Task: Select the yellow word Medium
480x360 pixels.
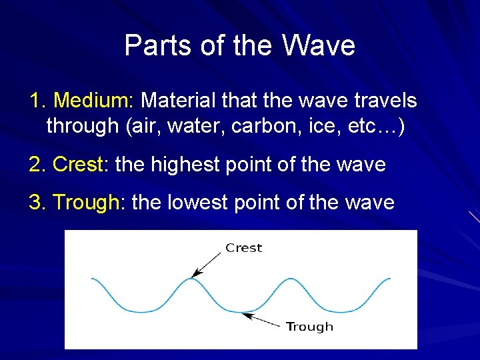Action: [x=93, y=101]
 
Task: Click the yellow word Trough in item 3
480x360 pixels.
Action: [x=85, y=203]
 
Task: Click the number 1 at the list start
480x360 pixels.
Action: [x=35, y=101]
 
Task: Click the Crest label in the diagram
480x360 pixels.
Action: [x=244, y=248]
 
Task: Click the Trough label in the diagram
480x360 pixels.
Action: [x=309, y=327]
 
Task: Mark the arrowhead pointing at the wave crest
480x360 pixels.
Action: [x=195, y=274]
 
